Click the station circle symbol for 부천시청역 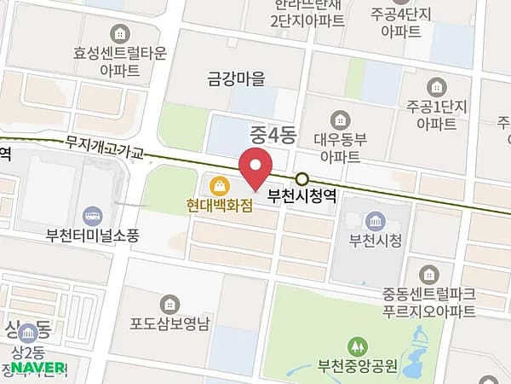[x=302, y=179]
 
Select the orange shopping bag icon [x=220, y=184]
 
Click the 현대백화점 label [x=221, y=205]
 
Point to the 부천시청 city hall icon [x=374, y=221]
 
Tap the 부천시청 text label [x=374, y=241]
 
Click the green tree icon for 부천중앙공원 [x=356, y=346]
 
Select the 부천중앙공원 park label [x=357, y=368]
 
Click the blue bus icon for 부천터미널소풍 [x=91, y=216]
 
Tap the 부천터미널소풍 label [x=92, y=236]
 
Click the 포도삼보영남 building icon [x=169, y=304]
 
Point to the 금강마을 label [x=237, y=79]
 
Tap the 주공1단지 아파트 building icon [x=437, y=85]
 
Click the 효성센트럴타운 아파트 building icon [x=123, y=32]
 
